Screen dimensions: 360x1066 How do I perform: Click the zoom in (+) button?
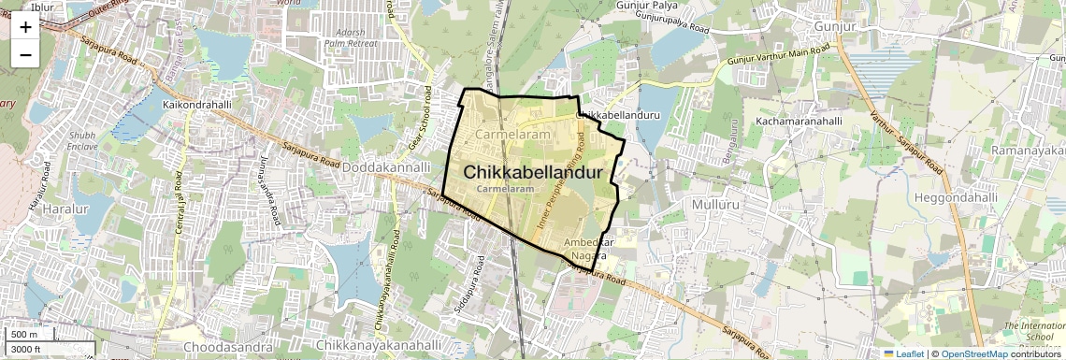point(25,26)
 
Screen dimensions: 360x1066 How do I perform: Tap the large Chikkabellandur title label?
point(531,173)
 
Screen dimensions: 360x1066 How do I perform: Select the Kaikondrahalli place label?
point(196,105)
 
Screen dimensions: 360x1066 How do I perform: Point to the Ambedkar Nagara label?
point(588,248)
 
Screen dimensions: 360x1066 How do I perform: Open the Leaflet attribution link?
point(903,353)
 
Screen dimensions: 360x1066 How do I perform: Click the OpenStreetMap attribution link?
point(974,353)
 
